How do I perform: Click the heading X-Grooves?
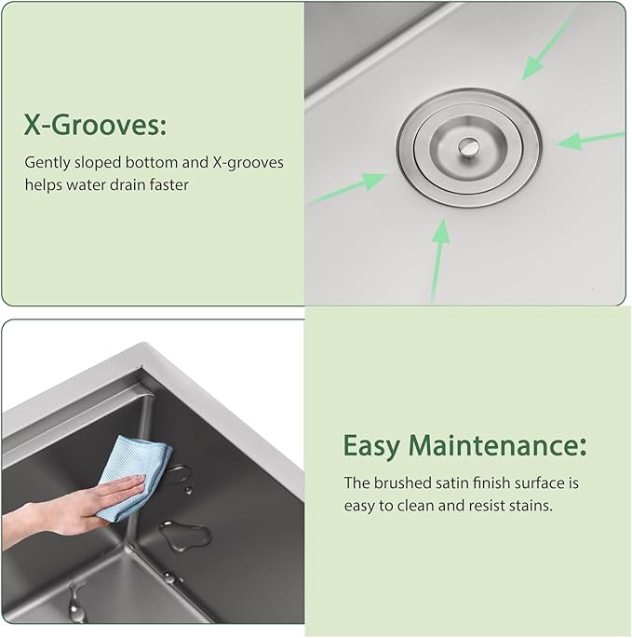(x=95, y=124)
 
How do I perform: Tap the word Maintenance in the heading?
(x=497, y=445)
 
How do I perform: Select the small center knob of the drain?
(x=467, y=145)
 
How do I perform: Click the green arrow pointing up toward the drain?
(x=439, y=261)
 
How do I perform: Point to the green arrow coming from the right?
(x=590, y=139)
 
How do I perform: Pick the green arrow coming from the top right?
(x=548, y=46)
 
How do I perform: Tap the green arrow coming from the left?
(x=348, y=187)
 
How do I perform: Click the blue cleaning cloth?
(x=134, y=478)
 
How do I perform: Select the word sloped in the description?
(x=98, y=163)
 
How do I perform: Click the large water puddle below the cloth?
(x=185, y=535)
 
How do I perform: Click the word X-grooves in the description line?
(x=248, y=163)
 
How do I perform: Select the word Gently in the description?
(x=47, y=163)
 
